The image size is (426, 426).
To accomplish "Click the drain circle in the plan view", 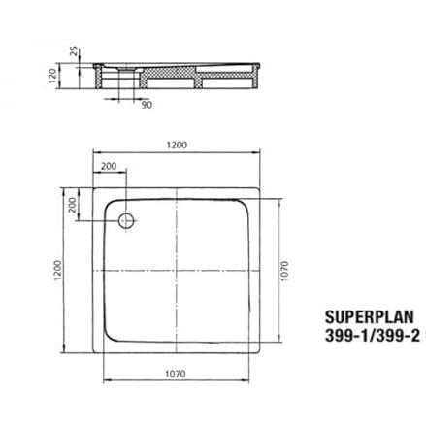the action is point(126,221).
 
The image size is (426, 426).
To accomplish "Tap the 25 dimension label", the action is point(75,51).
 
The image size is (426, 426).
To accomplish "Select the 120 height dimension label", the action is point(52,76).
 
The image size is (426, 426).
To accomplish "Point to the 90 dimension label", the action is point(147,105).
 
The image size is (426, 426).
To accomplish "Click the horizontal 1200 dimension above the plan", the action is point(177,145).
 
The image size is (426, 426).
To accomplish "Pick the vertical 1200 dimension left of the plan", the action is point(57,270).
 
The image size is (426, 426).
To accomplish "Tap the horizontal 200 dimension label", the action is point(109,166).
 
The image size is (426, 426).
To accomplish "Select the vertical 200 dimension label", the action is point(73,205).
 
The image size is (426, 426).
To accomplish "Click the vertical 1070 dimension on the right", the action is point(284,271).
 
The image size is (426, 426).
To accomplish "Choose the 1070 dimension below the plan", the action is point(176,374).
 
